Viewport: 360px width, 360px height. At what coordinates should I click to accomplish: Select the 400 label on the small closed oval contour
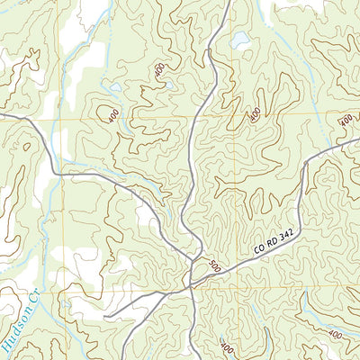pyautogui.click(x=113, y=116)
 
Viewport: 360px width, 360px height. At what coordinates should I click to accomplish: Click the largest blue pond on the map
pyautogui.click(x=239, y=40)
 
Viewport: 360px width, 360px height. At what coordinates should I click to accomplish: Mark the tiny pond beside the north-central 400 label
pyautogui.click(x=168, y=85)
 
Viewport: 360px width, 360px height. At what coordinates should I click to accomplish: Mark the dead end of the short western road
pyautogui.click(x=105, y=317)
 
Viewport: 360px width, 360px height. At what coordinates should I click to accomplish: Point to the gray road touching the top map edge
pyautogui.click(x=227, y=3)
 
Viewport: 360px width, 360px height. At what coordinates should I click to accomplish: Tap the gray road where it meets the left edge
pyautogui.click(x=3, y=114)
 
